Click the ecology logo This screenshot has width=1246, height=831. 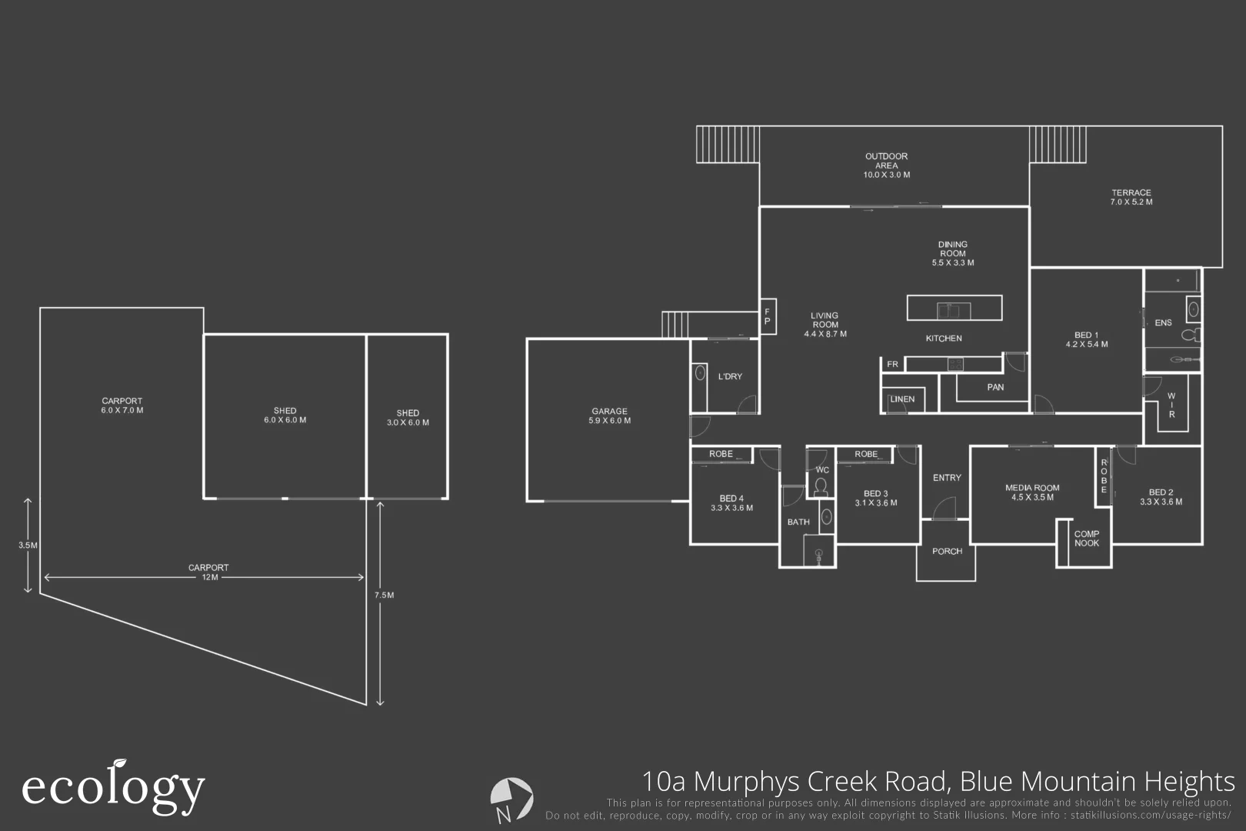click(x=112, y=788)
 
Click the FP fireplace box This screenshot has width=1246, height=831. click(x=767, y=316)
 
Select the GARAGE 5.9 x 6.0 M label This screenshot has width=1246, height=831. click(x=609, y=416)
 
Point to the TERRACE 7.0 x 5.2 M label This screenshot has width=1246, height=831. click(x=1131, y=198)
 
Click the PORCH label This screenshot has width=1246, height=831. click(x=947, y=551)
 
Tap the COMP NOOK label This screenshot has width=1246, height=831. click(x=1086, y=539)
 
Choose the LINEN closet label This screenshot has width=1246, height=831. click(x=902, y=399)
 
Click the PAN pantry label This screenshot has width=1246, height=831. click(x=995, y=387)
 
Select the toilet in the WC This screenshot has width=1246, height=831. click(x=821, y=486)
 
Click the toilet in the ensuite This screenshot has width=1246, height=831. click(x=1189, y=335)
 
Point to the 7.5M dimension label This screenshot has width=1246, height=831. click(x=384, y=595)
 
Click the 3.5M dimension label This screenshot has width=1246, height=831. click(x=28, y=545)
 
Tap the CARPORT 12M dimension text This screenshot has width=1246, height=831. click(x=208, y=572)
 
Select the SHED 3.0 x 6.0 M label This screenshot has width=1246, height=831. click(x=408, y=418)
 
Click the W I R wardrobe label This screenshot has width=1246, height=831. click(x=1171, y=405)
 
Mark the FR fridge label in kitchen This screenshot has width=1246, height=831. click(x=892, y=364)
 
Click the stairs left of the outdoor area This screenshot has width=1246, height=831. click(x=728, y=144)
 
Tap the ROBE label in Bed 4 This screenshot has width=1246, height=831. click(x=721, y=454)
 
